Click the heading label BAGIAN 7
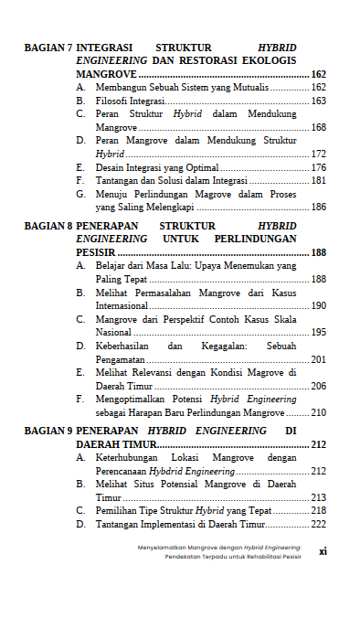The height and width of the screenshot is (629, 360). coord(48,47)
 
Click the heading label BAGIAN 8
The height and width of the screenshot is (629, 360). coord(48,225)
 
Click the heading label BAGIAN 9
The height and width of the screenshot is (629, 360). coord(48,430)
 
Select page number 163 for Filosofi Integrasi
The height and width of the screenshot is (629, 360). coord(319,101)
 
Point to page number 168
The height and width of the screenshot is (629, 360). coord(319,127)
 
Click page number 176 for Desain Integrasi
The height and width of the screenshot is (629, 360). coord(319,168)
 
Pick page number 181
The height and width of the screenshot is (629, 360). coord(319,181)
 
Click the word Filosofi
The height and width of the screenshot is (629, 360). coord(112,101)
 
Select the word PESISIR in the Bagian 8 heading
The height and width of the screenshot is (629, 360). coord(95,251)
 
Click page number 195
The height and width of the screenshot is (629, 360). coord(319,332)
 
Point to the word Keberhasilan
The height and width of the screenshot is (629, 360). coord(126,346)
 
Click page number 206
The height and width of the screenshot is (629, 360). coord(319,387)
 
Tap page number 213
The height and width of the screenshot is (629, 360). coord(319,497)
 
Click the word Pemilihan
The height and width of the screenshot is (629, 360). coord(117,510)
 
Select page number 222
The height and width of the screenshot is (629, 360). coord(319,524)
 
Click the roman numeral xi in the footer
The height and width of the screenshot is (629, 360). coord(322,551)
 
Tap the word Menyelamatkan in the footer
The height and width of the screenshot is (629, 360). coord(165,547)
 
